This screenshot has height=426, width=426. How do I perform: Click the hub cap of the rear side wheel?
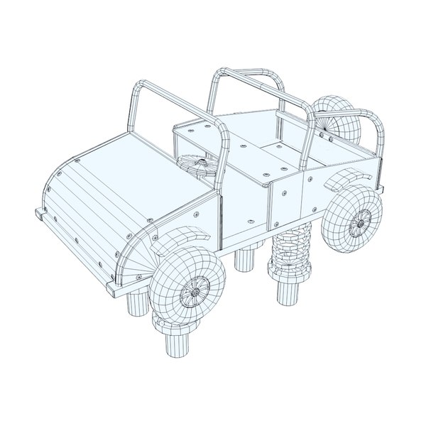tap(356, 224)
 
